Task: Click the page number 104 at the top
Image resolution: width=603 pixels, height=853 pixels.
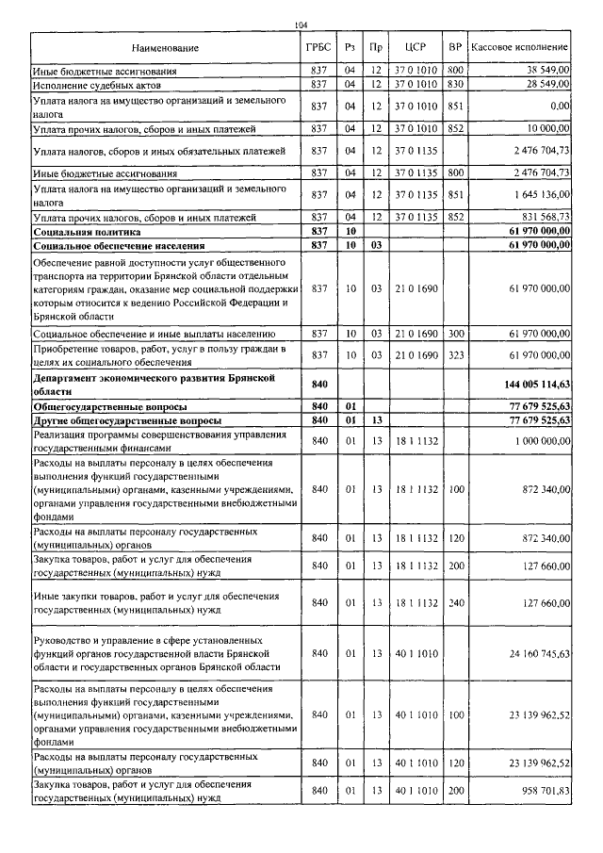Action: point(301,25)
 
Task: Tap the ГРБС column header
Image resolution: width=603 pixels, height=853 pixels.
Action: point(318,46)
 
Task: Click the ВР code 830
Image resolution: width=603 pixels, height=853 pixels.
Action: point(455,85)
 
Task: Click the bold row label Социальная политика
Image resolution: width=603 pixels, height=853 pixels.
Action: point(87,230)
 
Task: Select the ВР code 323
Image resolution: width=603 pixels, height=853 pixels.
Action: point(455,354)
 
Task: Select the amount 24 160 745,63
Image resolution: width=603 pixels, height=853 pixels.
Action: point(539,653)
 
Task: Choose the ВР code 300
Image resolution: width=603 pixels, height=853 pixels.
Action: point(455,334)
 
